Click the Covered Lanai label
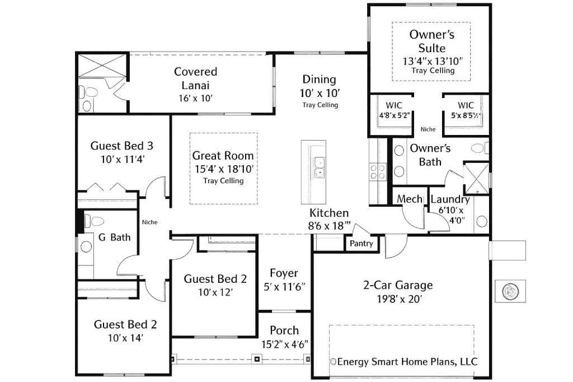(195, 78)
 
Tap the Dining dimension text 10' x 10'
(320, 93)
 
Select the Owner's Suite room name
(431, 41)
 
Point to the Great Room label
(223, 156)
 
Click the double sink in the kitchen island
(320, 166)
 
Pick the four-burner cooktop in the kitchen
(378, 170)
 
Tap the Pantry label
(361, 244)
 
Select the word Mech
(409, 199)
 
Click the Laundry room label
(450, 199)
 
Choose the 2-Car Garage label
(398, 285)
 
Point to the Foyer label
(284, 273)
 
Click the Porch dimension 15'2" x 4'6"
(284, 343)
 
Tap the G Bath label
(114, 237)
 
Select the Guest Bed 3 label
(122, 146)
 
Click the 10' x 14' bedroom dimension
(125, 338)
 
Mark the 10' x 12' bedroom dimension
(215, 292)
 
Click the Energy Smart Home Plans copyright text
(404, 361)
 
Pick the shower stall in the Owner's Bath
(476, 177)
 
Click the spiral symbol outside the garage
(510, 291)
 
